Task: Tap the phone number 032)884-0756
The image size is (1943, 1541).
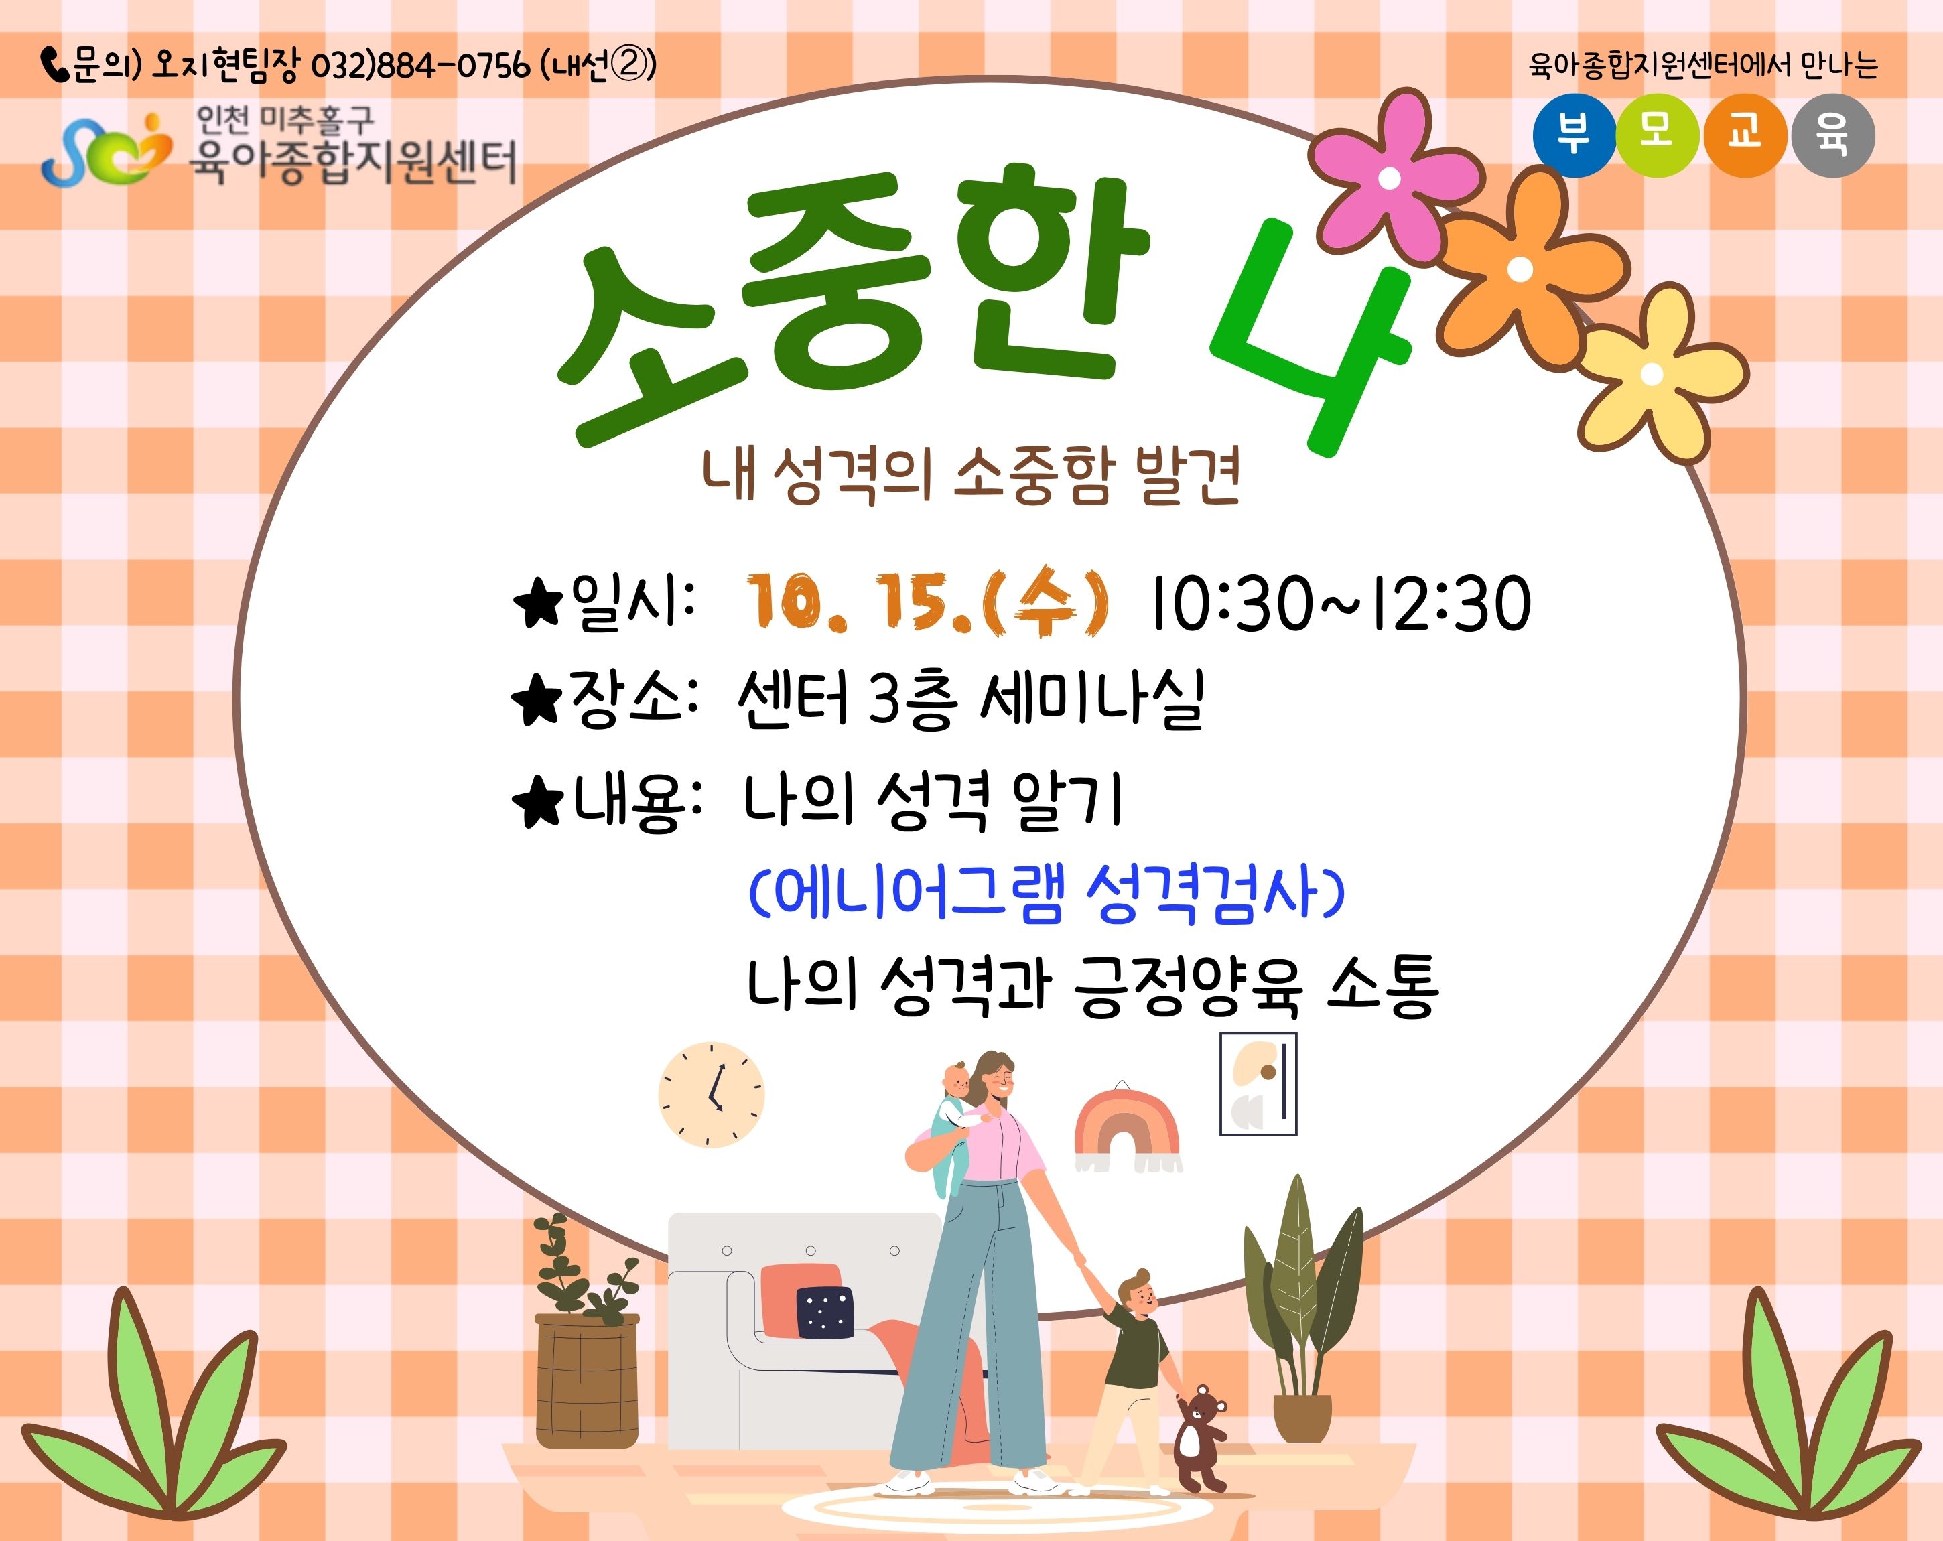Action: [x=420, y=66]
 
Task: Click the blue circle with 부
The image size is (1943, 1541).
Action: [x=1574, y=135]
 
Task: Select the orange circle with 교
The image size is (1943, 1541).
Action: [x=1745, y=135]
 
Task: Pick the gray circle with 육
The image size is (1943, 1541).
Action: [x=1833, y=135]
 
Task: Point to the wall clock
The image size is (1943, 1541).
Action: [x=711, y=1095]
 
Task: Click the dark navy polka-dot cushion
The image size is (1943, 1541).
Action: [x=823, y=1312]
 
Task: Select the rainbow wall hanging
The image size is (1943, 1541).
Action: [x=1126, y=1131]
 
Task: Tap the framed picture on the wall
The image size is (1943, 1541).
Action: [x=1258, y=1084]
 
